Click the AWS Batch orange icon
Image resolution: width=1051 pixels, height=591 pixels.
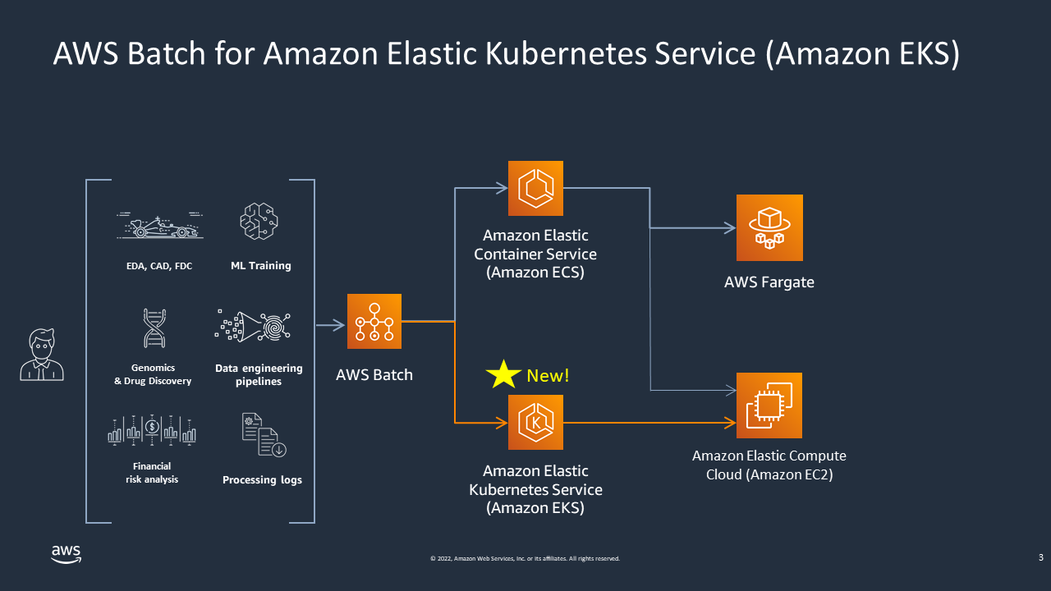[x=374, y=322]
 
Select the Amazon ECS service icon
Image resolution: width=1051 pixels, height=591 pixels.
[x=535, y=189]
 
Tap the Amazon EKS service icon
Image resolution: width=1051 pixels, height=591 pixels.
[x=535, y=422]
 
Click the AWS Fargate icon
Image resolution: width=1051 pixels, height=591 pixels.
[x=769, y=227]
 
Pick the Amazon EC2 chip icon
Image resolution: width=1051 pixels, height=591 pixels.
[x=769, y=405]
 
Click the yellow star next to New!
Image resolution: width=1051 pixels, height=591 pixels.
[x=503, y=374]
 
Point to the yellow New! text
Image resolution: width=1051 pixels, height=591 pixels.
[x=548, y=375]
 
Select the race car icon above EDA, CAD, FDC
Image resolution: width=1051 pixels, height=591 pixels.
[x=159, y=225]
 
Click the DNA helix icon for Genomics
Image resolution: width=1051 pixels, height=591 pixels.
[x=154, y=328]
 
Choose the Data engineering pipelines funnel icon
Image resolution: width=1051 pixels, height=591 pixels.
[x=254, y=326]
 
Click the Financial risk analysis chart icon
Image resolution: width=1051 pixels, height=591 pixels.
[x=152, y=429]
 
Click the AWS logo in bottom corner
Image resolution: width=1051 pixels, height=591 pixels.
[x=66, y=554]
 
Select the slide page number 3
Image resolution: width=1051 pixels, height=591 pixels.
[x=1040, y=558]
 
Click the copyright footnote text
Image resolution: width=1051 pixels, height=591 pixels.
[x=525, y=559]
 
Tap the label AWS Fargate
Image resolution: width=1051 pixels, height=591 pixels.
[x=769, y=282]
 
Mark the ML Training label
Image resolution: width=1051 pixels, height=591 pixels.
[x=260, y=266]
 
